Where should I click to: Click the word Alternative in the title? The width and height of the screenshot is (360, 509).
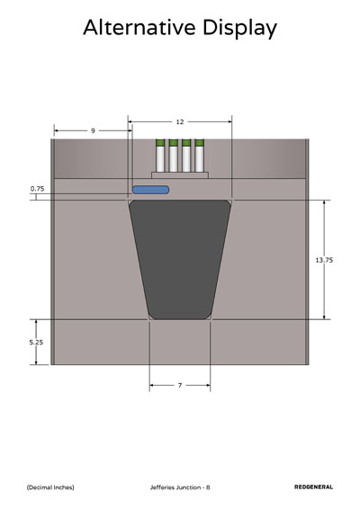(139, 27)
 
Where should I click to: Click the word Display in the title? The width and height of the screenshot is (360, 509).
(239, 29)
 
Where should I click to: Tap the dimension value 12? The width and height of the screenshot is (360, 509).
(180, 121)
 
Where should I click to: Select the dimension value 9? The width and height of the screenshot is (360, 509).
(93, 130)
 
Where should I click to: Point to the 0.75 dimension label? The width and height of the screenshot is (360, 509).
(38, 189)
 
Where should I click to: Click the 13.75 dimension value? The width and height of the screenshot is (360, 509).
(324, 260)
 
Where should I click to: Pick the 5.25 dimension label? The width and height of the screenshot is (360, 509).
(36, 342)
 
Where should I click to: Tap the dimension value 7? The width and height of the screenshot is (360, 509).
(180, 385)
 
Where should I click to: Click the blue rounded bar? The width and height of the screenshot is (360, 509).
(150, 190)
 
